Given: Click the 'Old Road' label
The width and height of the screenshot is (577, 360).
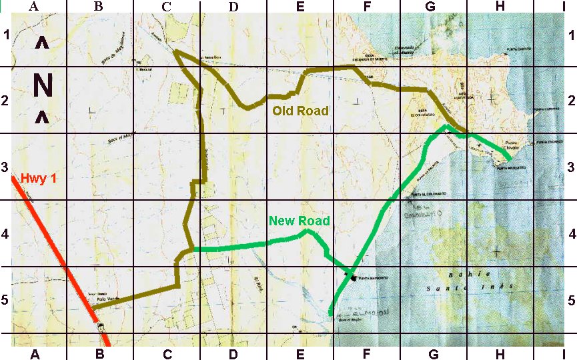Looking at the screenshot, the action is tap(301, 111).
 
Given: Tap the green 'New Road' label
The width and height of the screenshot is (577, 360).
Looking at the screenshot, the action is tap(300, 221).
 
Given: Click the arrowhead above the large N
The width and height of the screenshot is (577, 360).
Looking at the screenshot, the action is tap(41, 44).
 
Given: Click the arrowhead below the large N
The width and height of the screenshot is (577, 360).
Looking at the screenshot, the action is tap(41, 118).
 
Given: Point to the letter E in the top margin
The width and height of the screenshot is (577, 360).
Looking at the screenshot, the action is tap(300, 7).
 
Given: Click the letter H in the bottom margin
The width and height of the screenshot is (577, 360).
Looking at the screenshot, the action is tap(500, 353).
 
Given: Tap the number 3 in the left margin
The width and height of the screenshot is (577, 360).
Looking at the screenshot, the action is tap(5, 167).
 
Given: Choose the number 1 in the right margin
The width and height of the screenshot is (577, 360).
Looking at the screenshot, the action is tap(572, 35).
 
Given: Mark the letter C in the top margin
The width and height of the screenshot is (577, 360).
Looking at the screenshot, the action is tap(166, 7).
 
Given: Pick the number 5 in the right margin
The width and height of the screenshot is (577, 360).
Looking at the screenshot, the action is tap(572, 301).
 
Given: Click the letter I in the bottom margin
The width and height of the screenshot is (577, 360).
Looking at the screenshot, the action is tap(564, 353).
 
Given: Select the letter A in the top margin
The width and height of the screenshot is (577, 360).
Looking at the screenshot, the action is tap(35, 7).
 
